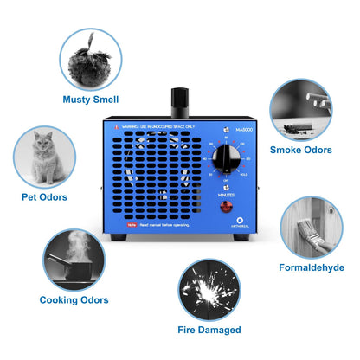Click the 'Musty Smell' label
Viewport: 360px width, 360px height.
coord(91,100)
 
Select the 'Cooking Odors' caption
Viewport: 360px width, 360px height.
coord(74,300)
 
